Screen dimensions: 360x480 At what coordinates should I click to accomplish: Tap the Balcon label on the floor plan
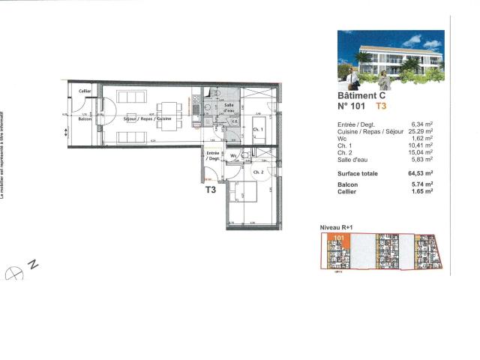coord(85,119)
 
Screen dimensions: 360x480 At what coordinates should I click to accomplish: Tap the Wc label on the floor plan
coord(234,156)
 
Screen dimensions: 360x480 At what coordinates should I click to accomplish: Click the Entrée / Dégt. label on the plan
coord(213,155)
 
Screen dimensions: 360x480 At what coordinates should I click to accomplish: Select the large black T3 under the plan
coord(211,190)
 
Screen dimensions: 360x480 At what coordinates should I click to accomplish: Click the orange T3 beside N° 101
coord(381,106)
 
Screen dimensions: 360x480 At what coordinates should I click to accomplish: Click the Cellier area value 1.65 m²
coord(425,192)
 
